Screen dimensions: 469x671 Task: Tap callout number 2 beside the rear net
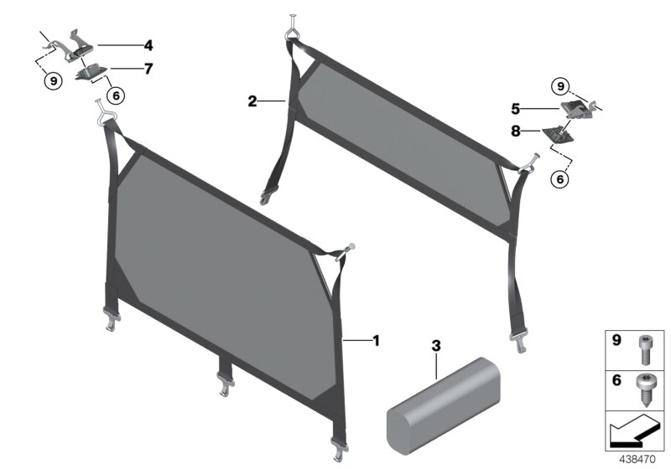pyautogui.click(x=252, y=101)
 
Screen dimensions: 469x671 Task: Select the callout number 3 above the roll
pyautogui.click(x=435, y=345)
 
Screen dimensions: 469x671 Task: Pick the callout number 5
pyautogui.click(x=517, y=108)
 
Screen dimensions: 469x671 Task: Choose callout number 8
pyautogui.click(x=517, y=131)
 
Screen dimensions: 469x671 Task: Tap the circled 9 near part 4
pyautogui.click(x=53, y=81)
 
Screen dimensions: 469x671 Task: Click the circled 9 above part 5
pyautogui.click(x=559, y=85)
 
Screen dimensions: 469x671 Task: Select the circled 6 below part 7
pyautogui.click(x=115, y=95)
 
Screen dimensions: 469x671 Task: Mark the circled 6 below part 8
pyautogui.click(x=559, y=178)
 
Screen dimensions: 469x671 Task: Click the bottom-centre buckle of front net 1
pyautogui.click(x=226, y=380)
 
